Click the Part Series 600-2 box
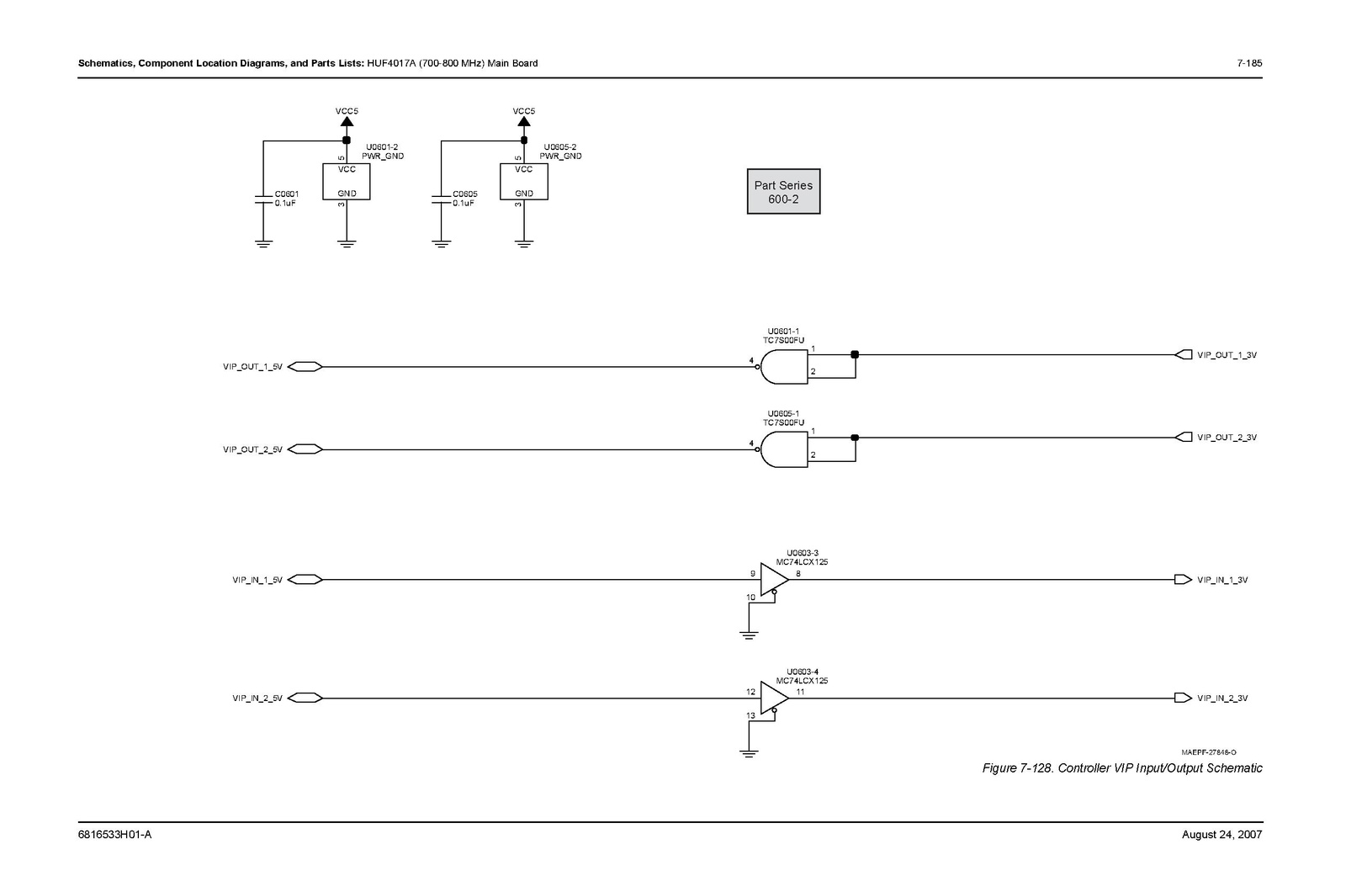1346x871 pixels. [x=783, y=192]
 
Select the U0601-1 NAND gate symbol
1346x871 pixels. [x=783, y=367]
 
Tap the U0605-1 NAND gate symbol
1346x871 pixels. [x=783, y=449]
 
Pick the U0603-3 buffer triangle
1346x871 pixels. [x=775, y=580]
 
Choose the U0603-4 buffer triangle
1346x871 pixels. [x=775, y=698]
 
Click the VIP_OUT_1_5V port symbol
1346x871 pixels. [x=305, y=367]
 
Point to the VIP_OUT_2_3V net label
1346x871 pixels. [x=1227, y=438]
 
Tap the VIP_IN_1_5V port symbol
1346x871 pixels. [x=305, y=580]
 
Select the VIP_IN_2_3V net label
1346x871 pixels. [x=1222, y=698]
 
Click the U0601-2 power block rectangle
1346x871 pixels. [x=346, y=182]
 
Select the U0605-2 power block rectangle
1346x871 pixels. [x=524, y=182]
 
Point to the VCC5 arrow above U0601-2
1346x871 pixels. [x=347, y=121]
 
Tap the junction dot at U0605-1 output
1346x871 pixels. [x=855, y=438]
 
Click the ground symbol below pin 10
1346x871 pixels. [x=749, y=635]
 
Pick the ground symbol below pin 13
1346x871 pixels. [x=749, y=754]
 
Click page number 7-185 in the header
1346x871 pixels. [x=1249, y=63]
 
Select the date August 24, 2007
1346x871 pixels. [x=1221, y=834]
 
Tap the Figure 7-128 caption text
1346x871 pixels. [x=1122, y=768]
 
